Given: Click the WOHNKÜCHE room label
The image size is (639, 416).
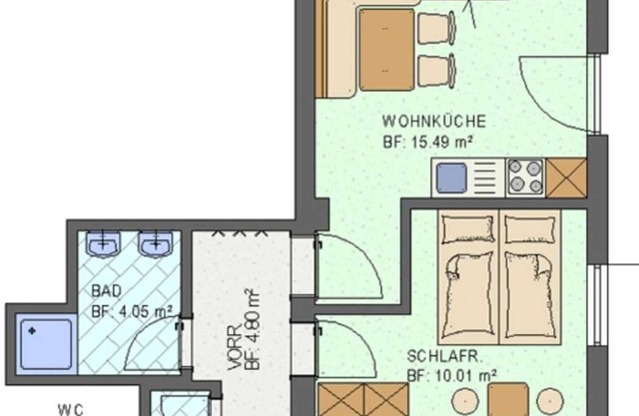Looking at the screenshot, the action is pyautogui.click(x=434, y=122).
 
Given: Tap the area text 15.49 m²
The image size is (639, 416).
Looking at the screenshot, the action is pyautogui.click(x=442, y=142).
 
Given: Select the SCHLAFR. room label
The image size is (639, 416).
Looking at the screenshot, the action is pyautogui.click(x=444, y=356).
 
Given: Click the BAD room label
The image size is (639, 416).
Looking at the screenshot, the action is pyautogui.click(x=107, y=291).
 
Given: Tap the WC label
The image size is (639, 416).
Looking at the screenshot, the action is pyautogui.click(x=71, y=409).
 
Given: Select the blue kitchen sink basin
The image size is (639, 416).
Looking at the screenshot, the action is pyautogui.click(x=451, y=178).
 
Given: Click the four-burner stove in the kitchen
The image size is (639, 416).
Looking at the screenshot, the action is pyautogui.click(x=525, y=178).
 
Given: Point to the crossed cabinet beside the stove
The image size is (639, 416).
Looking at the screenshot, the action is pyautogui.click(x=566, y=179).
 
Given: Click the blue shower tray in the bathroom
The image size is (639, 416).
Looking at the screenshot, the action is pyautogui.click(x=47, y=344).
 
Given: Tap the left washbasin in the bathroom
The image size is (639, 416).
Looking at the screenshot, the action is pyautogui.click(x=103, y=244).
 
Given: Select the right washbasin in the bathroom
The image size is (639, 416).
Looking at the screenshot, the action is pyautogui.click(x=156, y=244).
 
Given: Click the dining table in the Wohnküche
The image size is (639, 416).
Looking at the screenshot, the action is pyautogui.click(x=386, y=50).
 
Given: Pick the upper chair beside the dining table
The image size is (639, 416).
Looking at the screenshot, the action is pyautogui.click(x=437, y=28).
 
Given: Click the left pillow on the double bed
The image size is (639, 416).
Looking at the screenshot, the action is pyautogui.click(x=468, y=229).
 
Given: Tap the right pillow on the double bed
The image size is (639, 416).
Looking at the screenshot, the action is pyautogui.click(x=530, y=229).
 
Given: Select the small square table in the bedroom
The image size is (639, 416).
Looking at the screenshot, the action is pyautogui.click(x=508, y=399).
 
